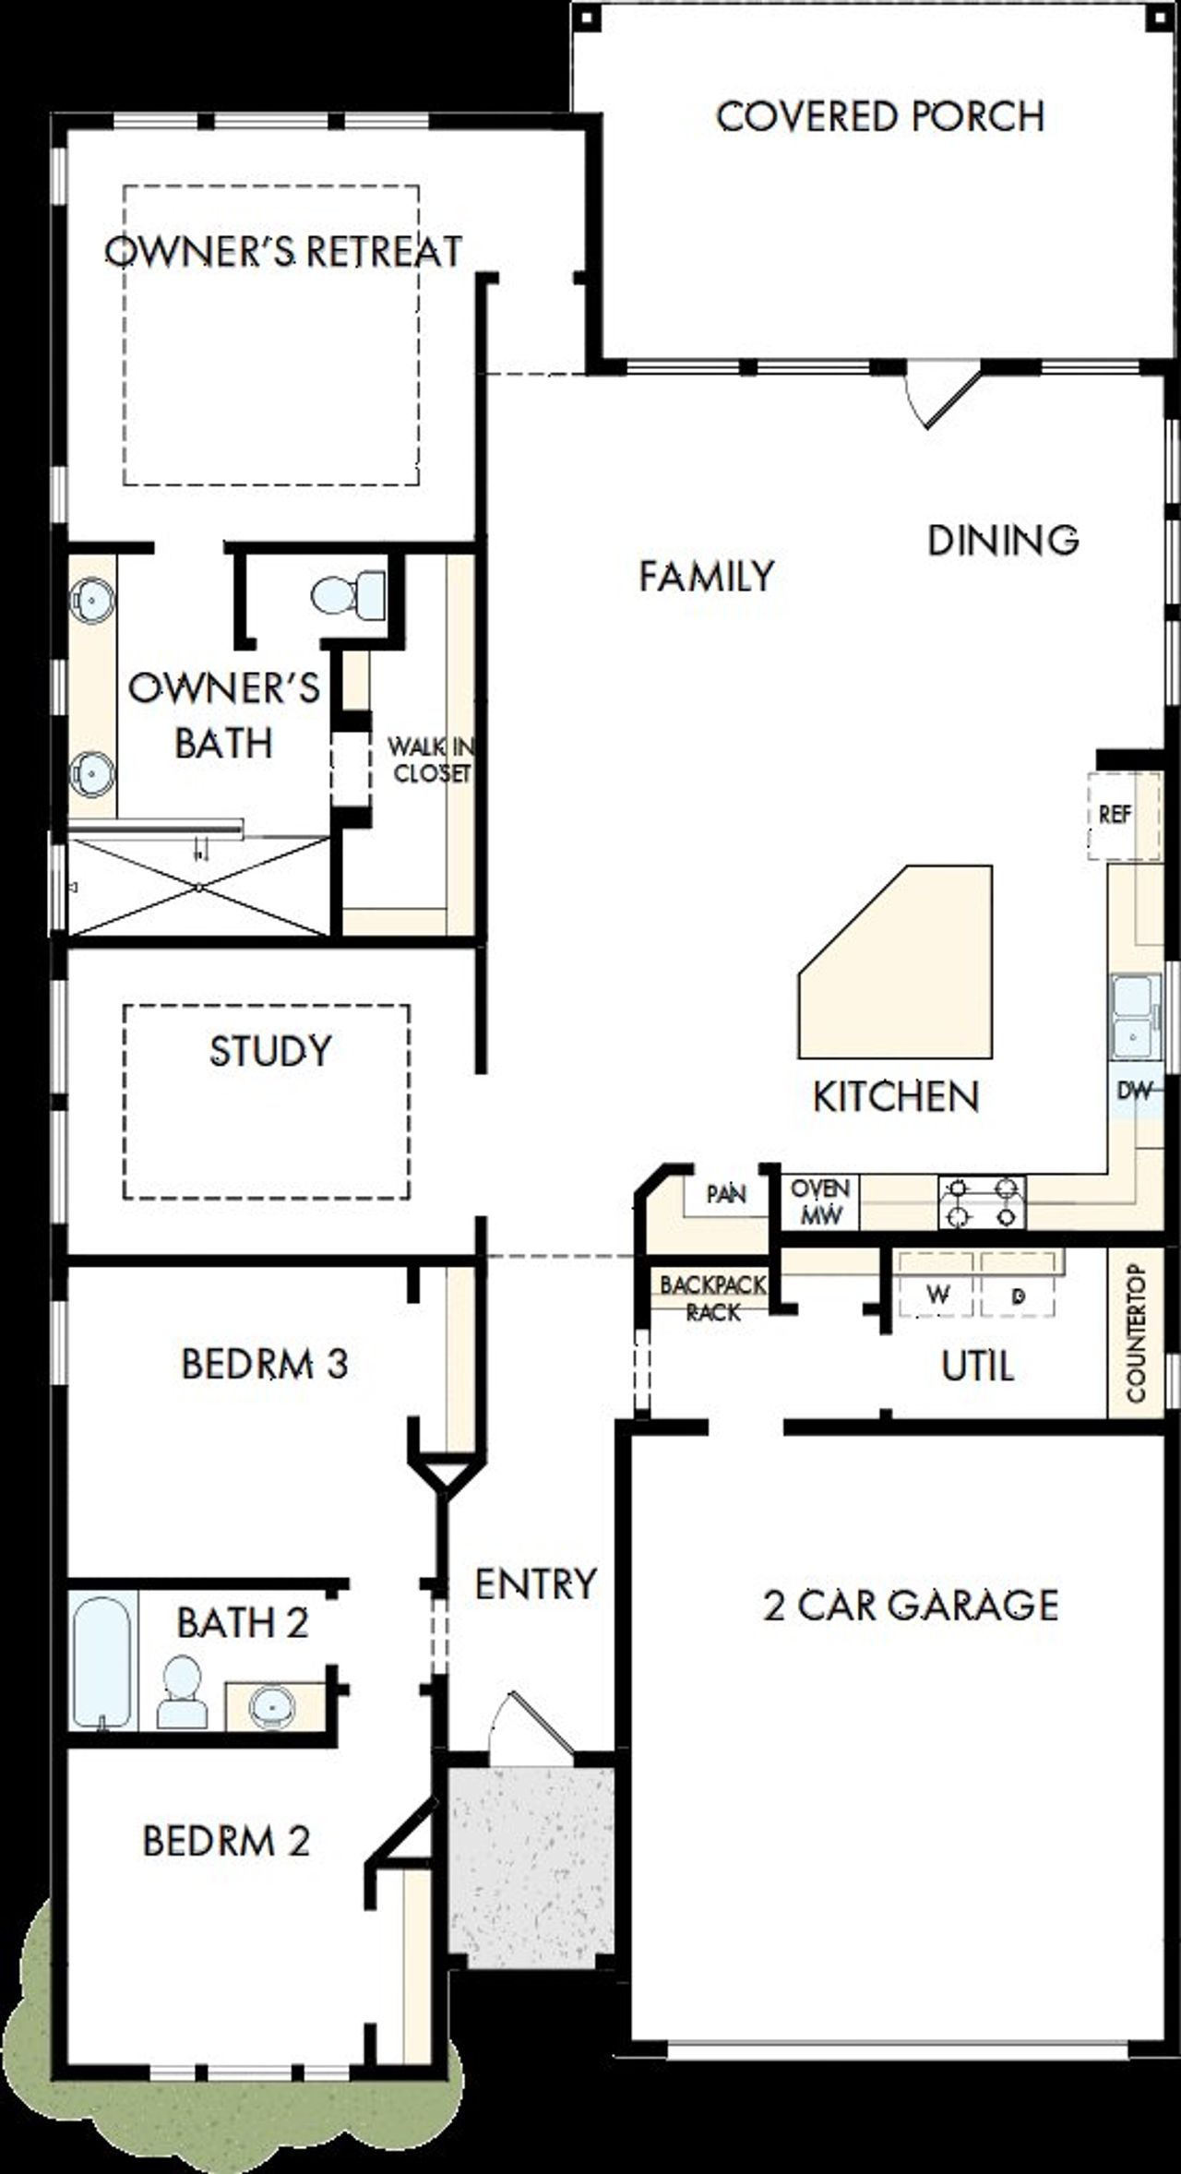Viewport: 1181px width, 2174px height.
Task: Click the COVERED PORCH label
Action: point(880,117)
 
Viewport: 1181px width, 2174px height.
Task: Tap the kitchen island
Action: point(909,969)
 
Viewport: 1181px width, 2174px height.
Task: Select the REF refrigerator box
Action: point(1116,815)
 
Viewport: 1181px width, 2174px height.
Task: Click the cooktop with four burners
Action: point(982,1202)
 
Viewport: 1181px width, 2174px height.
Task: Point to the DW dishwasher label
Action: point(1135,1090)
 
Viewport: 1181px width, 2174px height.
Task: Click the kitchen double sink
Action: point(1133,1016)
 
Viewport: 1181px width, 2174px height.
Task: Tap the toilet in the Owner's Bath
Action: point(350,594)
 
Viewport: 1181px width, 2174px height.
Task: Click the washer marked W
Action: point(937,1295)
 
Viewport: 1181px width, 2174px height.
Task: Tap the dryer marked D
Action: point(1018,1295)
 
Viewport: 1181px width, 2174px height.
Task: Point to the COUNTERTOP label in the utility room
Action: point(1136,1333)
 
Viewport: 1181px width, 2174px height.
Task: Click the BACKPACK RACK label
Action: point(712,1297)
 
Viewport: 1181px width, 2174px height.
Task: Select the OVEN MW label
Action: point(820,1201)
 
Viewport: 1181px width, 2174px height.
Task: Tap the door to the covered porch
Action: point(943,395)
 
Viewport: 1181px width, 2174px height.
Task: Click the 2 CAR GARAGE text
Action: point(911,1606)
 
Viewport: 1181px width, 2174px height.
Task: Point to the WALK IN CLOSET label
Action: point(430,759)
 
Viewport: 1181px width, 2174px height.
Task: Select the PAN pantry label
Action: point(725,1194)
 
